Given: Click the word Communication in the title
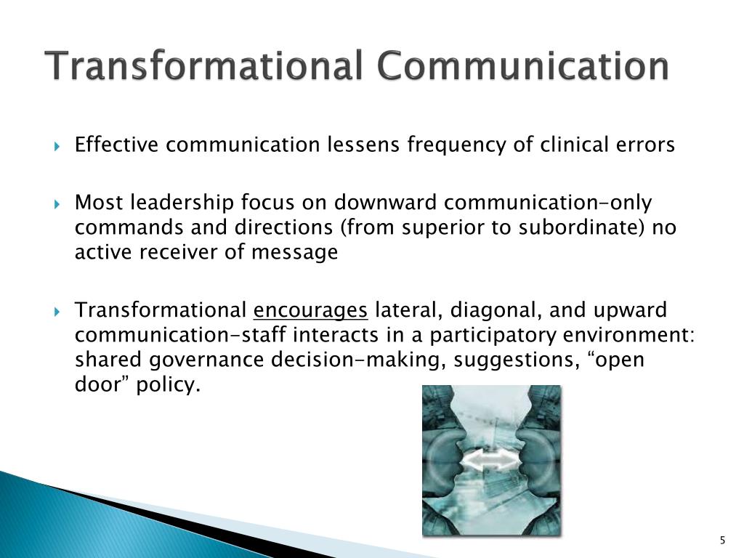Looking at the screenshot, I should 522,67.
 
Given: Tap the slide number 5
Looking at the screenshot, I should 721,540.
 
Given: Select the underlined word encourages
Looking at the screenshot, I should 311,312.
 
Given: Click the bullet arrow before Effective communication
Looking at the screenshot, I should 59,146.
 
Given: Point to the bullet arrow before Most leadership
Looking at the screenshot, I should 59,203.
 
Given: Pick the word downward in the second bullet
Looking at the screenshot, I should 377,203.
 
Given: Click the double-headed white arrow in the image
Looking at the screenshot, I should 491,461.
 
